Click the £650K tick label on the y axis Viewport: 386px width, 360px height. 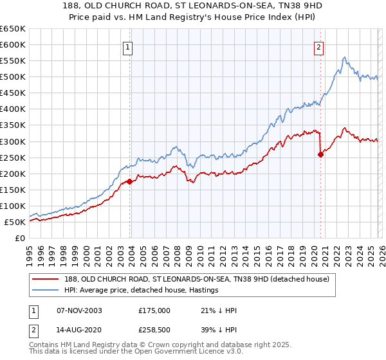tap(13, 29)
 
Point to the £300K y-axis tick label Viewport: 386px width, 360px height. tap(13, 141)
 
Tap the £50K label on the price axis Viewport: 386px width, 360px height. tap(15, 222)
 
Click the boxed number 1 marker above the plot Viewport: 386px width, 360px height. tap(129, 46)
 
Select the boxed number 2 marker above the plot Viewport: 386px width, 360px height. tap(319, 46)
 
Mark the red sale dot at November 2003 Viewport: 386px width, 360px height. tap(130, 181)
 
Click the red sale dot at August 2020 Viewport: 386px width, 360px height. tap(320, 154)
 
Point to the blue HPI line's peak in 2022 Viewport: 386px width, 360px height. tap(345, 57)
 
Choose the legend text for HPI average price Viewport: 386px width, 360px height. tap(142, 291)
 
